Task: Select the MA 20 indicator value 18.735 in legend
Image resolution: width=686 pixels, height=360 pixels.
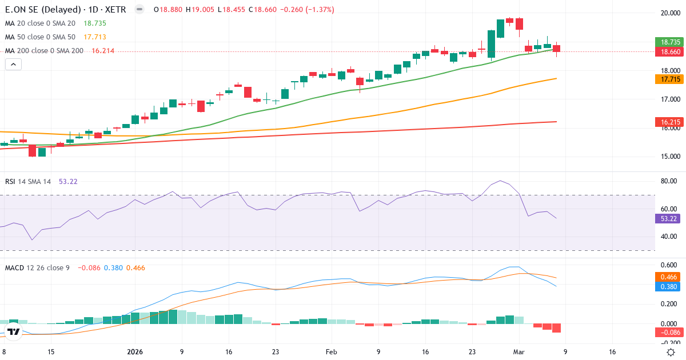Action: click(95, 23)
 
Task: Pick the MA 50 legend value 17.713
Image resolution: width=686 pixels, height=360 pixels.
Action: click(95, 37)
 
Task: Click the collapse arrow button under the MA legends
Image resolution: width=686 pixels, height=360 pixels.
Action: click(13, 65)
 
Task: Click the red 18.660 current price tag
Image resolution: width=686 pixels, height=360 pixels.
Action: click(668, 51)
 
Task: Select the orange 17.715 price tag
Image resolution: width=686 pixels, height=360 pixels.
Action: click(668, 79)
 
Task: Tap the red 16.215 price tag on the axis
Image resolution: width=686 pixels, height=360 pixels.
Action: click(668, 122)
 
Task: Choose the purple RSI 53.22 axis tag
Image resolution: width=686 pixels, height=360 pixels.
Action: click(668, 218)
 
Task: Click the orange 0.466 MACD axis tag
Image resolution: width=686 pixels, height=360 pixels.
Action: click(668, 276)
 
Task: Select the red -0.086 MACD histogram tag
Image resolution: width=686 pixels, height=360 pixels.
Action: click(668, 333)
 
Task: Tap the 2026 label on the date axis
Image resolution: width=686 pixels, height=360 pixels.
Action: click(135, 352)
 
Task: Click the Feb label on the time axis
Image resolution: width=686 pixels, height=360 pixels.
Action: click(332, 352)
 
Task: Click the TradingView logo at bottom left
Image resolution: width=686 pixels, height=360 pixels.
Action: click(14, 331)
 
